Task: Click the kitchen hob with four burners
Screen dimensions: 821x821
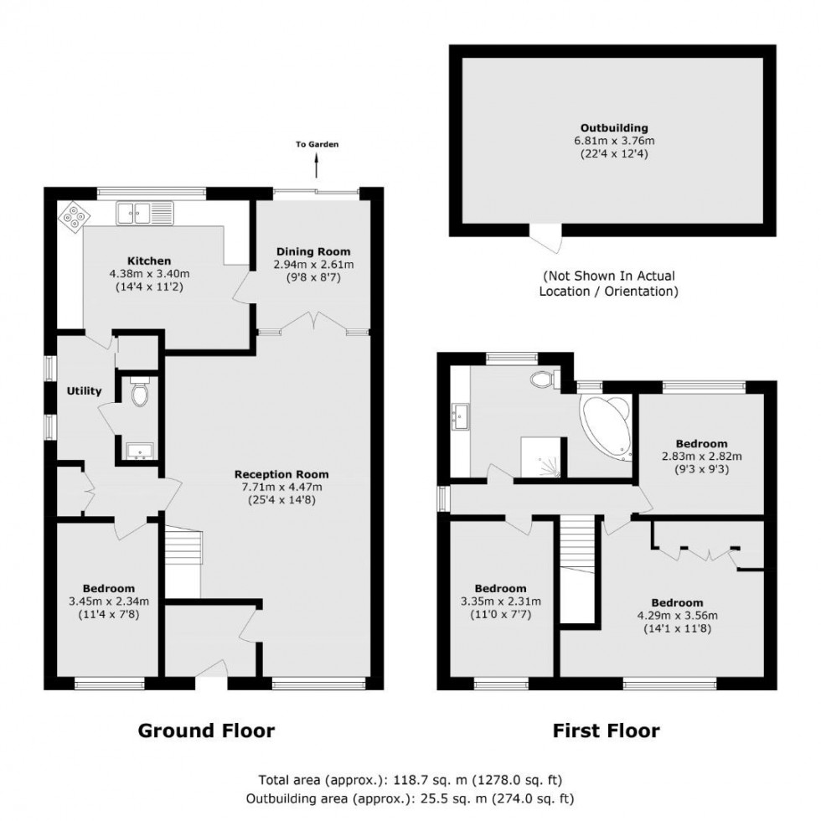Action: point(71,216)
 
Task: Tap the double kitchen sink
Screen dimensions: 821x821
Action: point(144,213)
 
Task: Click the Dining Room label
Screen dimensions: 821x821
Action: point(312,251)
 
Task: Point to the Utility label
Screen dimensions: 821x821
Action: point(85,391)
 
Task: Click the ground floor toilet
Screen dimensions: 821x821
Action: point(140,392)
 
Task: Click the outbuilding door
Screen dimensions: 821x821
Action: point(545,239)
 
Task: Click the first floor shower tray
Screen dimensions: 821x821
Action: point(542,458)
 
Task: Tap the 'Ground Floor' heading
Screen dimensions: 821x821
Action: point(206,731)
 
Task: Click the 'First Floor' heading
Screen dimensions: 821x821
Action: point(606,731)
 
